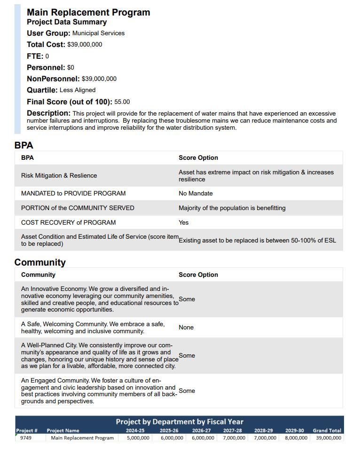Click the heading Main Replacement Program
tap(88, 13)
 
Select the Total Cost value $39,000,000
tap(85, 45)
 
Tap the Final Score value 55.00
tap(122, 102)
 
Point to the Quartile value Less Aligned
tap(78, 90)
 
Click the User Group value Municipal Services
tap(98, 33)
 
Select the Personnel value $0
tap(70, 68)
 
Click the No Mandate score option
tap(196, 194)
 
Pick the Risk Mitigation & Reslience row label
tap(59, 176)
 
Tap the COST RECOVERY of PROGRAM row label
tap(68, 223)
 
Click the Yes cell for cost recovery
tap(184, 223)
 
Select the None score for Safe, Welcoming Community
tap(186, 328)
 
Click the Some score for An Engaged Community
tap(187, 391)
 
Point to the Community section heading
tap(40, 262)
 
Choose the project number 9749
tap(26, 438)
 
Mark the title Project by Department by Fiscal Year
tap(180, 422)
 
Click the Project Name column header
tap(63, 431)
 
